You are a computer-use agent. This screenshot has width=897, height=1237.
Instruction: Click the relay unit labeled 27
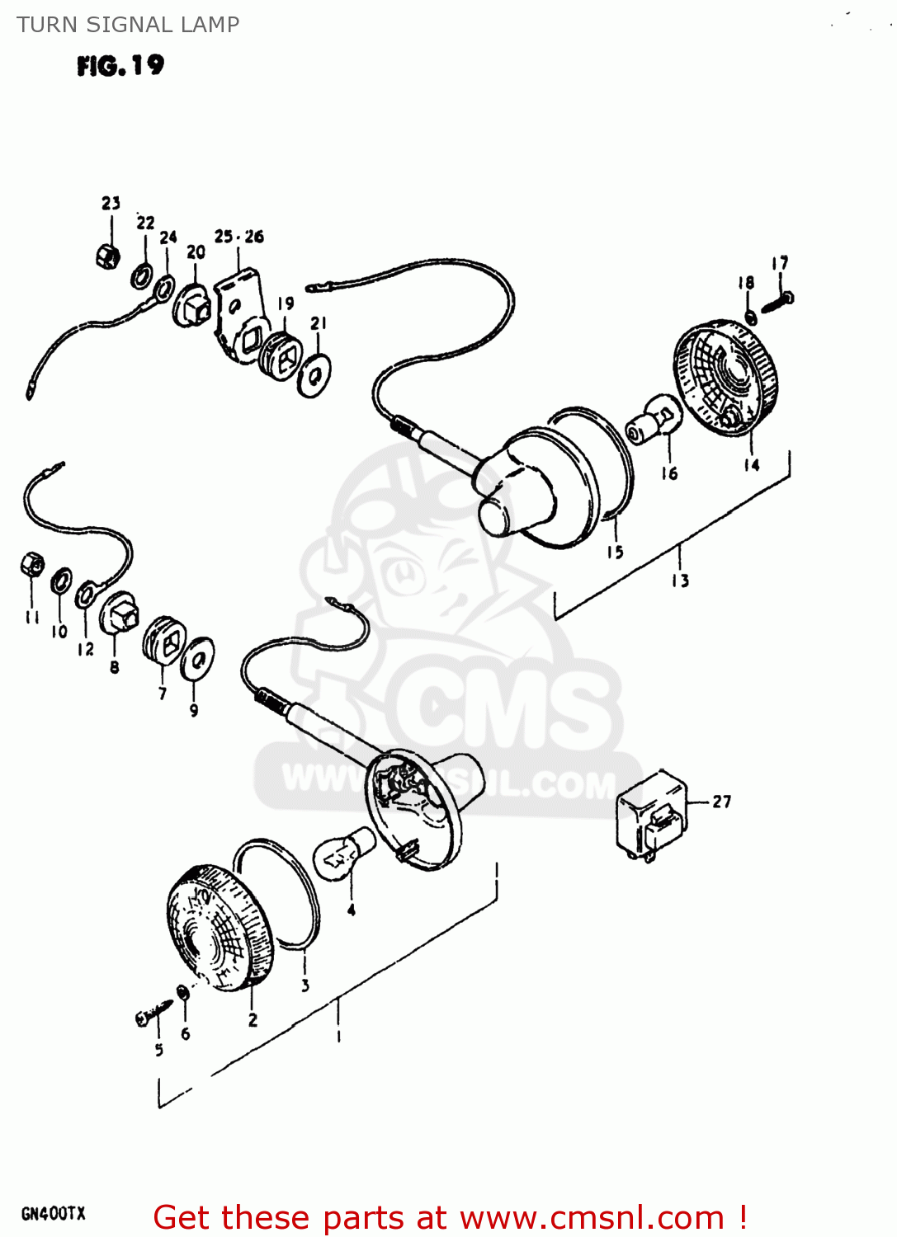click(652, 816)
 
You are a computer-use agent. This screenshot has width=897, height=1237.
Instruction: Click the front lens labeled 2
click(219, 927)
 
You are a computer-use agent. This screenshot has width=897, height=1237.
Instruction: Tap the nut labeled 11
click(32, 565)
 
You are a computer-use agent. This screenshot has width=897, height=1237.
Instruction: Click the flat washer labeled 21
click(314, 375)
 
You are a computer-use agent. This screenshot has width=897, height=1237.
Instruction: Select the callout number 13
click(680, 581)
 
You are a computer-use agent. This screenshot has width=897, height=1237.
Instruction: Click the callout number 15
click(615, 552)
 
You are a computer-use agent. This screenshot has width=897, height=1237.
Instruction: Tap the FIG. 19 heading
click(120, 65)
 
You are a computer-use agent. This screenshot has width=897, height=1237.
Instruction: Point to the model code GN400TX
click(53, 1213)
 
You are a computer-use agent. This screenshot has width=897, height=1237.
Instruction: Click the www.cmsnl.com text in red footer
click(591, 1218)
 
